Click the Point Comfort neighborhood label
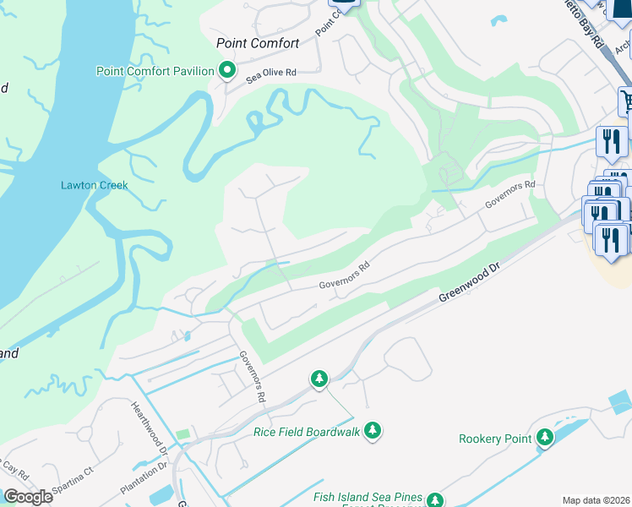258,43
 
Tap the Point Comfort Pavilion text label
155,71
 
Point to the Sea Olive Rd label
271,74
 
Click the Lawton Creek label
94,185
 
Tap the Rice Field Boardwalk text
307,432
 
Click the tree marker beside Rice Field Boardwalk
373,431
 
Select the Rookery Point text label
494,439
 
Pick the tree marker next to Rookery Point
545,437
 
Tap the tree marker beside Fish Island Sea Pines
435,500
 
